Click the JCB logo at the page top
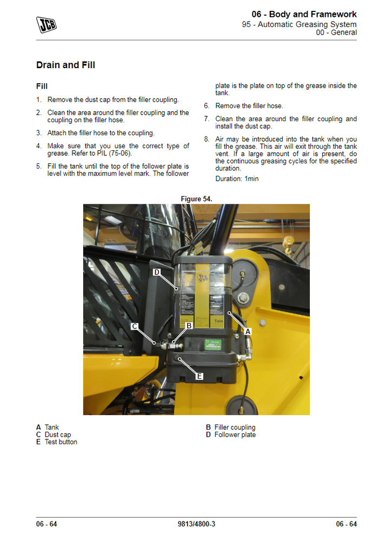coord(46,24)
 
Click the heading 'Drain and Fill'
coord(65,65)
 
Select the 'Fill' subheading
coord(42,87)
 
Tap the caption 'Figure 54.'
coord(196,199)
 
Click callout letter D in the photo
coord(157,272)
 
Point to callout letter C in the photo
coord(135,326)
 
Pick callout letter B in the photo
coord(189,326)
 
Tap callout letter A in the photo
coord(248,331)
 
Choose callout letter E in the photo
coord(199,376)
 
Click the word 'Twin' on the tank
coord(219,321)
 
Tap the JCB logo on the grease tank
coord(202,278)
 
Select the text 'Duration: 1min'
coord(237,179)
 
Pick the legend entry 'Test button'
coord(61,442)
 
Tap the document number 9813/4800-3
coord(196,524)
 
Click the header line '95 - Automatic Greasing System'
coord(299,24)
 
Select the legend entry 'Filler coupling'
coord(235,427)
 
